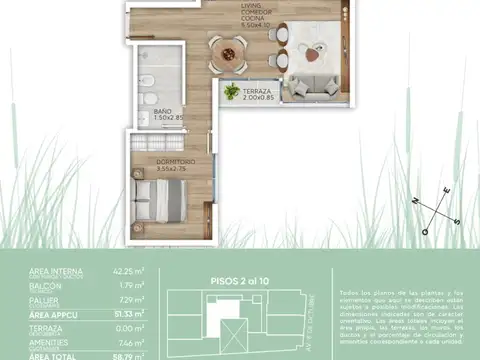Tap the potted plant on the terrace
coord(232,91)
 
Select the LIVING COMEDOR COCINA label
coord(257,16)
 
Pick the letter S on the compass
coord(457,222)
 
